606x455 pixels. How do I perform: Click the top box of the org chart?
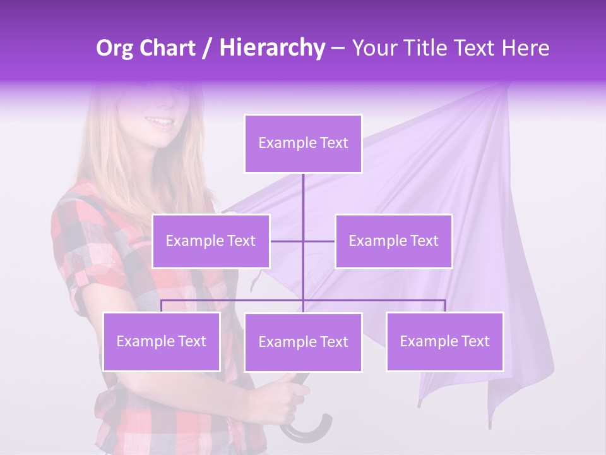pyautogui.click(x=303, y=143)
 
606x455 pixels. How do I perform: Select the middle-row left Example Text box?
pyautogui.click(x=211, y=241)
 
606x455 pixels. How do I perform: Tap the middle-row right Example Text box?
pyautogui.click(x=393, y=241)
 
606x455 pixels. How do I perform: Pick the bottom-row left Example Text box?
pyautogui.click(x=162, y=341)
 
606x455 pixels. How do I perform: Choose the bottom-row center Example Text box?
pyautogui.click(x=303, y=342)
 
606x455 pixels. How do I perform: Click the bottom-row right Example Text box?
pyautogui.click(x=445, y=341)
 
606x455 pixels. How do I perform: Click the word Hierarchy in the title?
pyautogui.click(x=271, y=48)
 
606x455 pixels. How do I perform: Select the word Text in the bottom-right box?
pyautogui.click(x=475, y=341)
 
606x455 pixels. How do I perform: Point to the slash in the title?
pyautogui.click(x=207, y=48)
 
